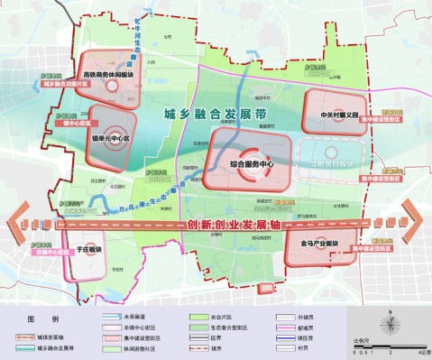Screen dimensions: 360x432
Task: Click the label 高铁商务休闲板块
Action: [x=109, y=75]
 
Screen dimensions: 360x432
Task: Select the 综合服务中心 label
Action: [x=251, y=163]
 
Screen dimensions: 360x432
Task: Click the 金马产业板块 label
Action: [x=317, y=244]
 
